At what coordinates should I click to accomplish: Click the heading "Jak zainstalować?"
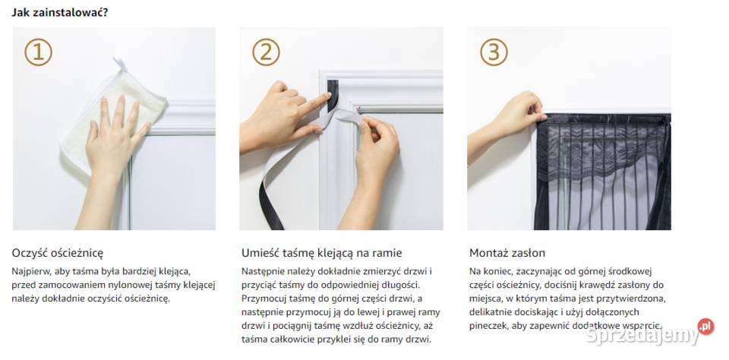point(60,12)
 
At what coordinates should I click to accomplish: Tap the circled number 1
point(38,52)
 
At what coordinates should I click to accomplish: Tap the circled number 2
point(266,52)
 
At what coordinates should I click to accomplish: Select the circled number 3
point(494,52)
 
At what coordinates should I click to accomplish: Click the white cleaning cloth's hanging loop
point(120,65)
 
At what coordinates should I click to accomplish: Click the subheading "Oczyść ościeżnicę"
point(58,254)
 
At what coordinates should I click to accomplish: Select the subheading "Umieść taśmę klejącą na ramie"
point(322,254)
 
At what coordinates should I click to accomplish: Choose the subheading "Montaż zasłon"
point(507,254)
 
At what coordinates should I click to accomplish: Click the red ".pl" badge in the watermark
point(705,327)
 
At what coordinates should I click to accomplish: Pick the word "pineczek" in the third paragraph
point(486,326)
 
